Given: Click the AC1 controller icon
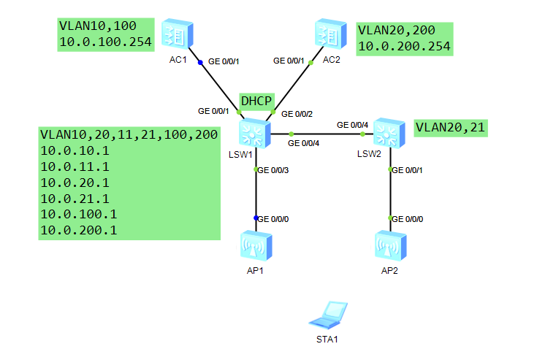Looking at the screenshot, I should point(178,34).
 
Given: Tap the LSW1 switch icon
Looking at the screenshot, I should point(254,133).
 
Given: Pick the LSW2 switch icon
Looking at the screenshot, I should point(389,133).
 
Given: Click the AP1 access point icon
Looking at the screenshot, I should point(256,248).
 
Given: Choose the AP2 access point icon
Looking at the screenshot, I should point(389,248).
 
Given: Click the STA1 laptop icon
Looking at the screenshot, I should point(326,315).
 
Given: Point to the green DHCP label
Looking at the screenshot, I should point(256,102).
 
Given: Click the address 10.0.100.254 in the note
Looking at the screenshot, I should point(104,42).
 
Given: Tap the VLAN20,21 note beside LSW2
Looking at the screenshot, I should point(450,128).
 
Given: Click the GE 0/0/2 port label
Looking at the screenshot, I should point(297,114).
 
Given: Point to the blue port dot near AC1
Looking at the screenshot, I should point(199,62).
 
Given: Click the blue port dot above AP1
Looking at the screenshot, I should point(256,218).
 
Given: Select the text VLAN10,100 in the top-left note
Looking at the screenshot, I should point(95,26).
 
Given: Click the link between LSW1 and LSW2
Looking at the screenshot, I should point(321,134).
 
